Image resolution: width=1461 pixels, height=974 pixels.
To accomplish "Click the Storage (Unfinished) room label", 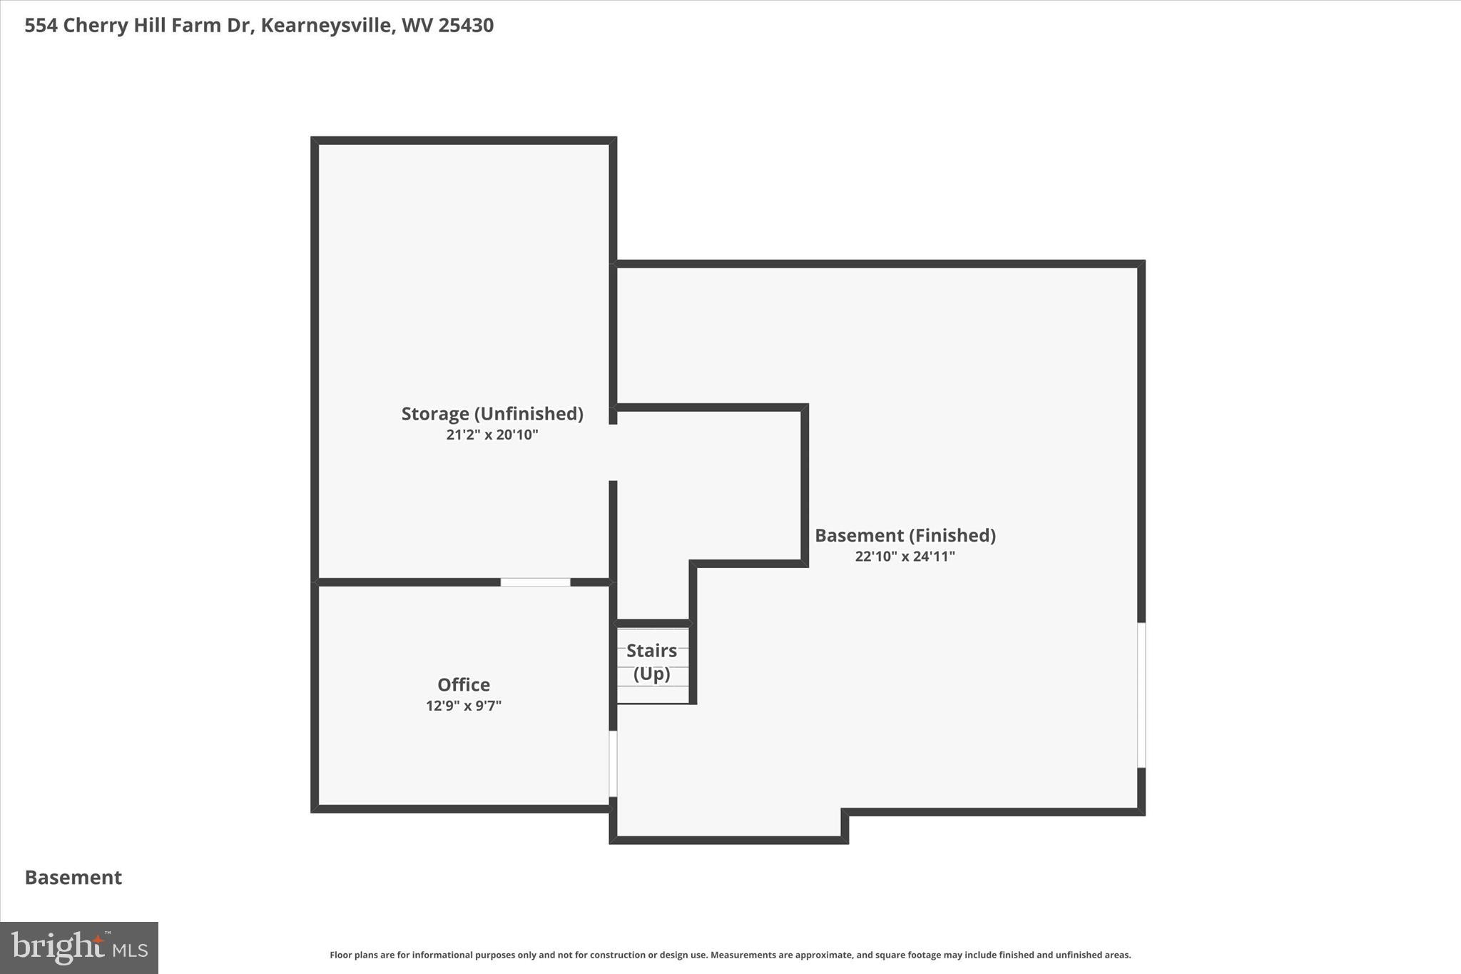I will pyautogui.click(x=492, y=414).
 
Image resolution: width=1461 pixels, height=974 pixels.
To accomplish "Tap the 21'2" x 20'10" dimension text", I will pyautogui.click(x=492, y=435).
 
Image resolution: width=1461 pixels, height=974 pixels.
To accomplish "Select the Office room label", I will pyautogui.click(x=464, y=685).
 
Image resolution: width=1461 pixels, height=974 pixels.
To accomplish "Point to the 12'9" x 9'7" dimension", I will pyautogui.click(x=464, y=706).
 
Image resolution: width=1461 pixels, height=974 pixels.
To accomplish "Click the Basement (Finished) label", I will pyautogui.click(x=905, y=535).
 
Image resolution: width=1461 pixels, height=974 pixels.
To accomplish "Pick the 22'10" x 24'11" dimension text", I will pyautogui.click(x=905, y=557).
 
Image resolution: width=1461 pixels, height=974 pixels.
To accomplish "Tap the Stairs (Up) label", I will pyautogui.click(x=651, y=661).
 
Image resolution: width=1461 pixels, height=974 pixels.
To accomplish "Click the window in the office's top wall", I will pyautogui.click(x=535, y=582).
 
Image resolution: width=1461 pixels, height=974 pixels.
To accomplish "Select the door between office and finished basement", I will pyautogui.click(x=613, y=764).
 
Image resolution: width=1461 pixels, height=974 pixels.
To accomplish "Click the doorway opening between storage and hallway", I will pyautogui.click(x=613, y=452).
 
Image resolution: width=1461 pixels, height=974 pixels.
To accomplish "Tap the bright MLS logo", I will pyautogui.click(x=79, y=948).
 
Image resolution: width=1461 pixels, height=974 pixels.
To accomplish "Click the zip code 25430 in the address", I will pyautogui.click(x=466, y=26).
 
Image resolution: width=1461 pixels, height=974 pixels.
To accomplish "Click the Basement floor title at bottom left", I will pyautogui.click(x=73, y=877).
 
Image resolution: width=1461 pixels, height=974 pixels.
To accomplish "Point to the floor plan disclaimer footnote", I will pyautogui.click(x=730, y=955).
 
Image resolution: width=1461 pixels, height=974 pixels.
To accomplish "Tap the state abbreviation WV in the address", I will pyautogui.click(x=417, y=26).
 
